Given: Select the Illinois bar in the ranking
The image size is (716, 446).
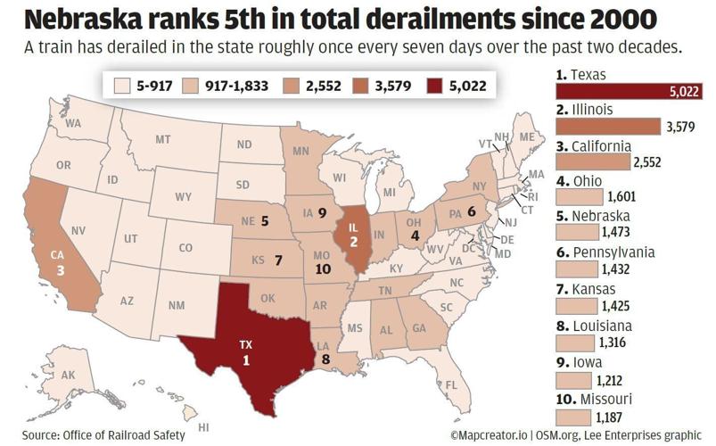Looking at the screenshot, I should pyautogui.click(x=607, y=128).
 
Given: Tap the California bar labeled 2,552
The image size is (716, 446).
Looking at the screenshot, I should pyautogui.click(x=591, y=162).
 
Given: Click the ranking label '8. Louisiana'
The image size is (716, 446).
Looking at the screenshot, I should pyautogui.click(x=594, y=326).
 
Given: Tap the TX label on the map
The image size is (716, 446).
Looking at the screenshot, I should pyautogui.click(x=246, y=343).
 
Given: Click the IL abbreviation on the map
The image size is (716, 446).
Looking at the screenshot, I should pyautogui.click(x=353, y=225).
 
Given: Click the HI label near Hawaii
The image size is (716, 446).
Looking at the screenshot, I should pyautogui.click(x=202, y=426).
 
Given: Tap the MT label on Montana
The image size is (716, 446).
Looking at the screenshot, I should pyautogui.click(x=162, y=140).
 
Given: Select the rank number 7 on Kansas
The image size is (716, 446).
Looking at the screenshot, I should pyautogui.click(x=277, y=261).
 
